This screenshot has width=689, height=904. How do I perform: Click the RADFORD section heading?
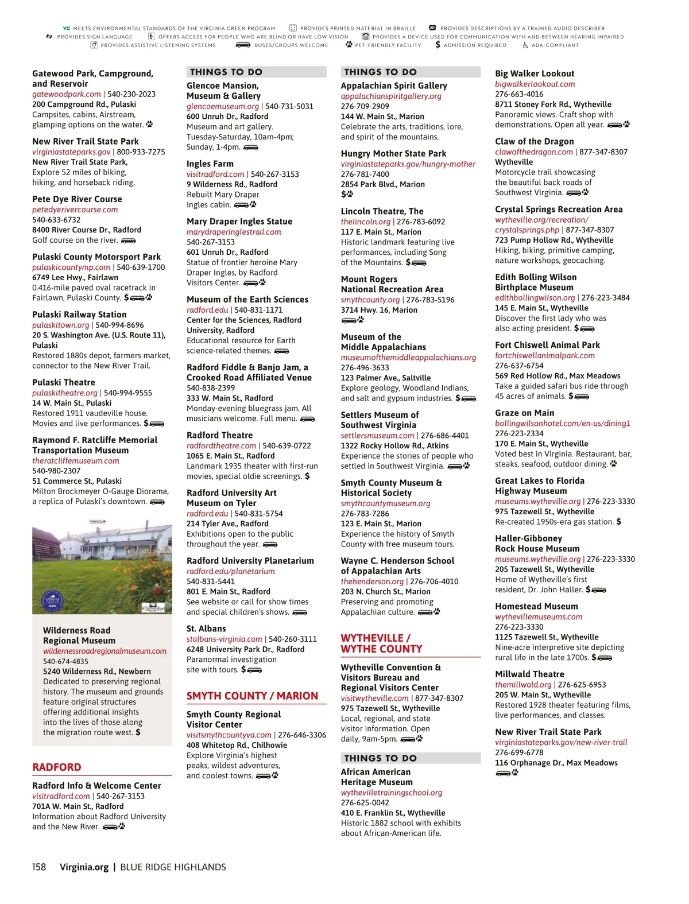tap(57, 767)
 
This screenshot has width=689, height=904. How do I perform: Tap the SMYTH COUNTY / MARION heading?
tap(252, 696)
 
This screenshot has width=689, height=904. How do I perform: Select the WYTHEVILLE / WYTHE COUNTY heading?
tap(381, 643)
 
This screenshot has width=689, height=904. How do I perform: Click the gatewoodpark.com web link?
tap(67, 94)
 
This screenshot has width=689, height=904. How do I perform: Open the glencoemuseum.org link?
tap(223, 106)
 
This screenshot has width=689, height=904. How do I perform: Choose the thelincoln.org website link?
tap(365, 222)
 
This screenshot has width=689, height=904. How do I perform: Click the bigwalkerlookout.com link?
tap(535, 84)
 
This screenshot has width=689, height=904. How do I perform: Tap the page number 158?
tap(39, 867)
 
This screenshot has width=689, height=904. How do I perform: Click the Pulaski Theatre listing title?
tap(64, 382)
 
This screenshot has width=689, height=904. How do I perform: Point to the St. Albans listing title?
tap(206, 628)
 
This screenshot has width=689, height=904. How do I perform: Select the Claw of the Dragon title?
tap(534, 141)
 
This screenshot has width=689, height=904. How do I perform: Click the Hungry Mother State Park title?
tap(393, 153)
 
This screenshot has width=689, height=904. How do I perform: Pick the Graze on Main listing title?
tap(524, 413)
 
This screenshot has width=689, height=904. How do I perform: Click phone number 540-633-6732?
tap(56, 220)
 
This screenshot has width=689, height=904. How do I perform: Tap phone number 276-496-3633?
tap(365, 368)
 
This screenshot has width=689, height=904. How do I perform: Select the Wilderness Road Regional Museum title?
tap(79, 635)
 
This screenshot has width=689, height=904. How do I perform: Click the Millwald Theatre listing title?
tap(529, 674)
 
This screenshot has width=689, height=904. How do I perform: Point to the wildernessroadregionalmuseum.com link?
tap(104, 651)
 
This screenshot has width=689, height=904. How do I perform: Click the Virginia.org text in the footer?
tap(84, 867)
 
